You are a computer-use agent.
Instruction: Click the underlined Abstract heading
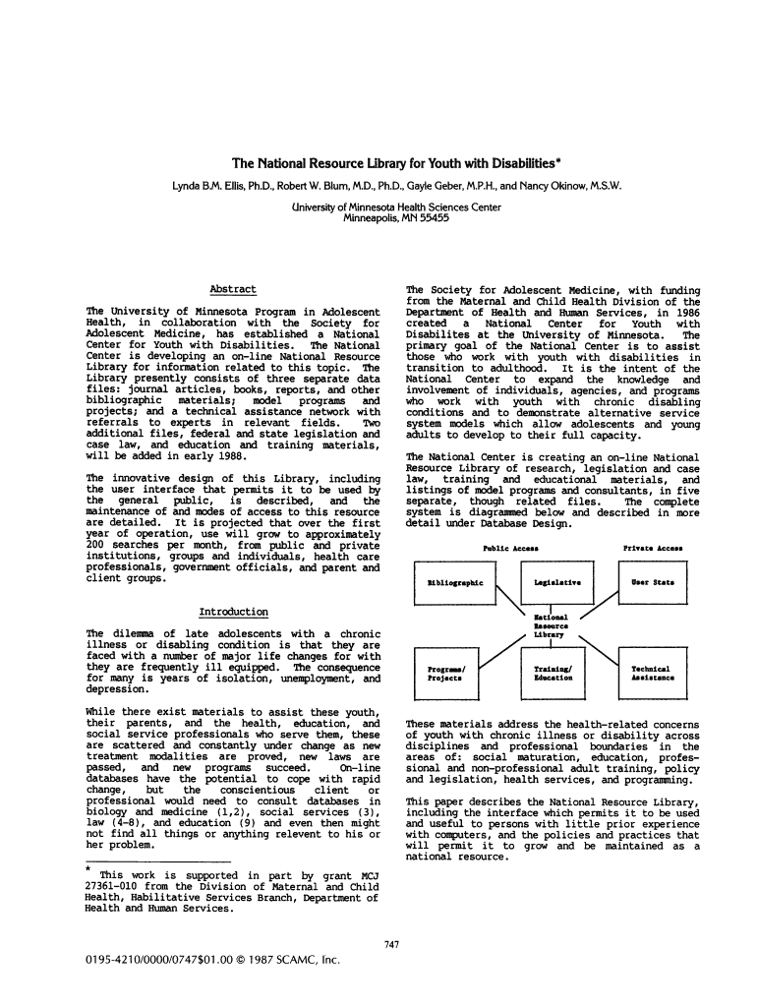[234, 289]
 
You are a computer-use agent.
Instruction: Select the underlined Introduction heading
[234, 612]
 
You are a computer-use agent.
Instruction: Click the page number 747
[391, 945]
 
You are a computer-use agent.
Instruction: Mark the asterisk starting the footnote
[88, 869]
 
